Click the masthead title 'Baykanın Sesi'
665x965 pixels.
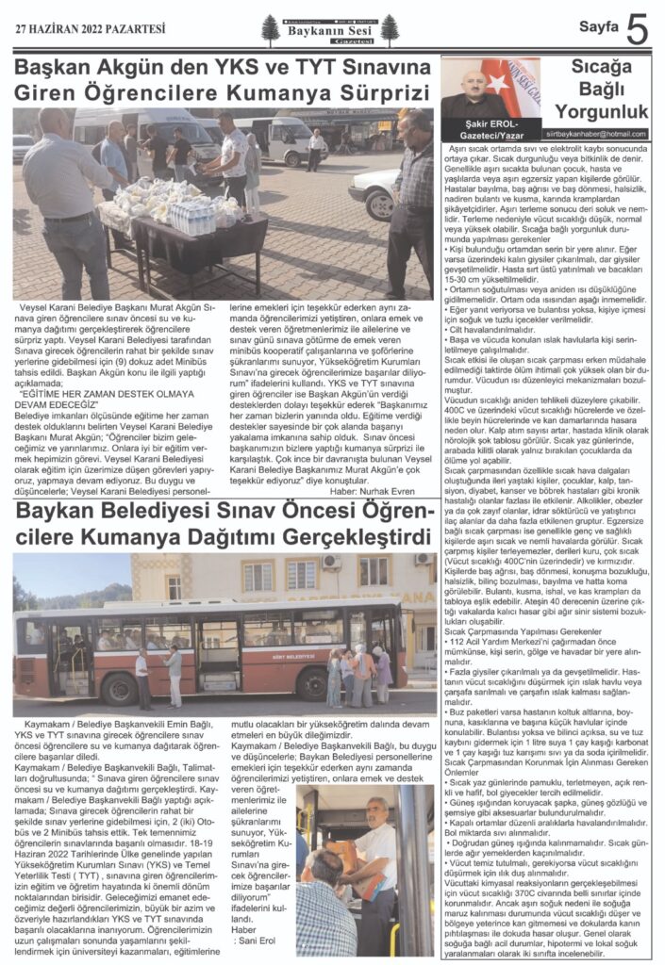coord(324,29)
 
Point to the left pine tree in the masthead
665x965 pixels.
coord(271,30)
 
